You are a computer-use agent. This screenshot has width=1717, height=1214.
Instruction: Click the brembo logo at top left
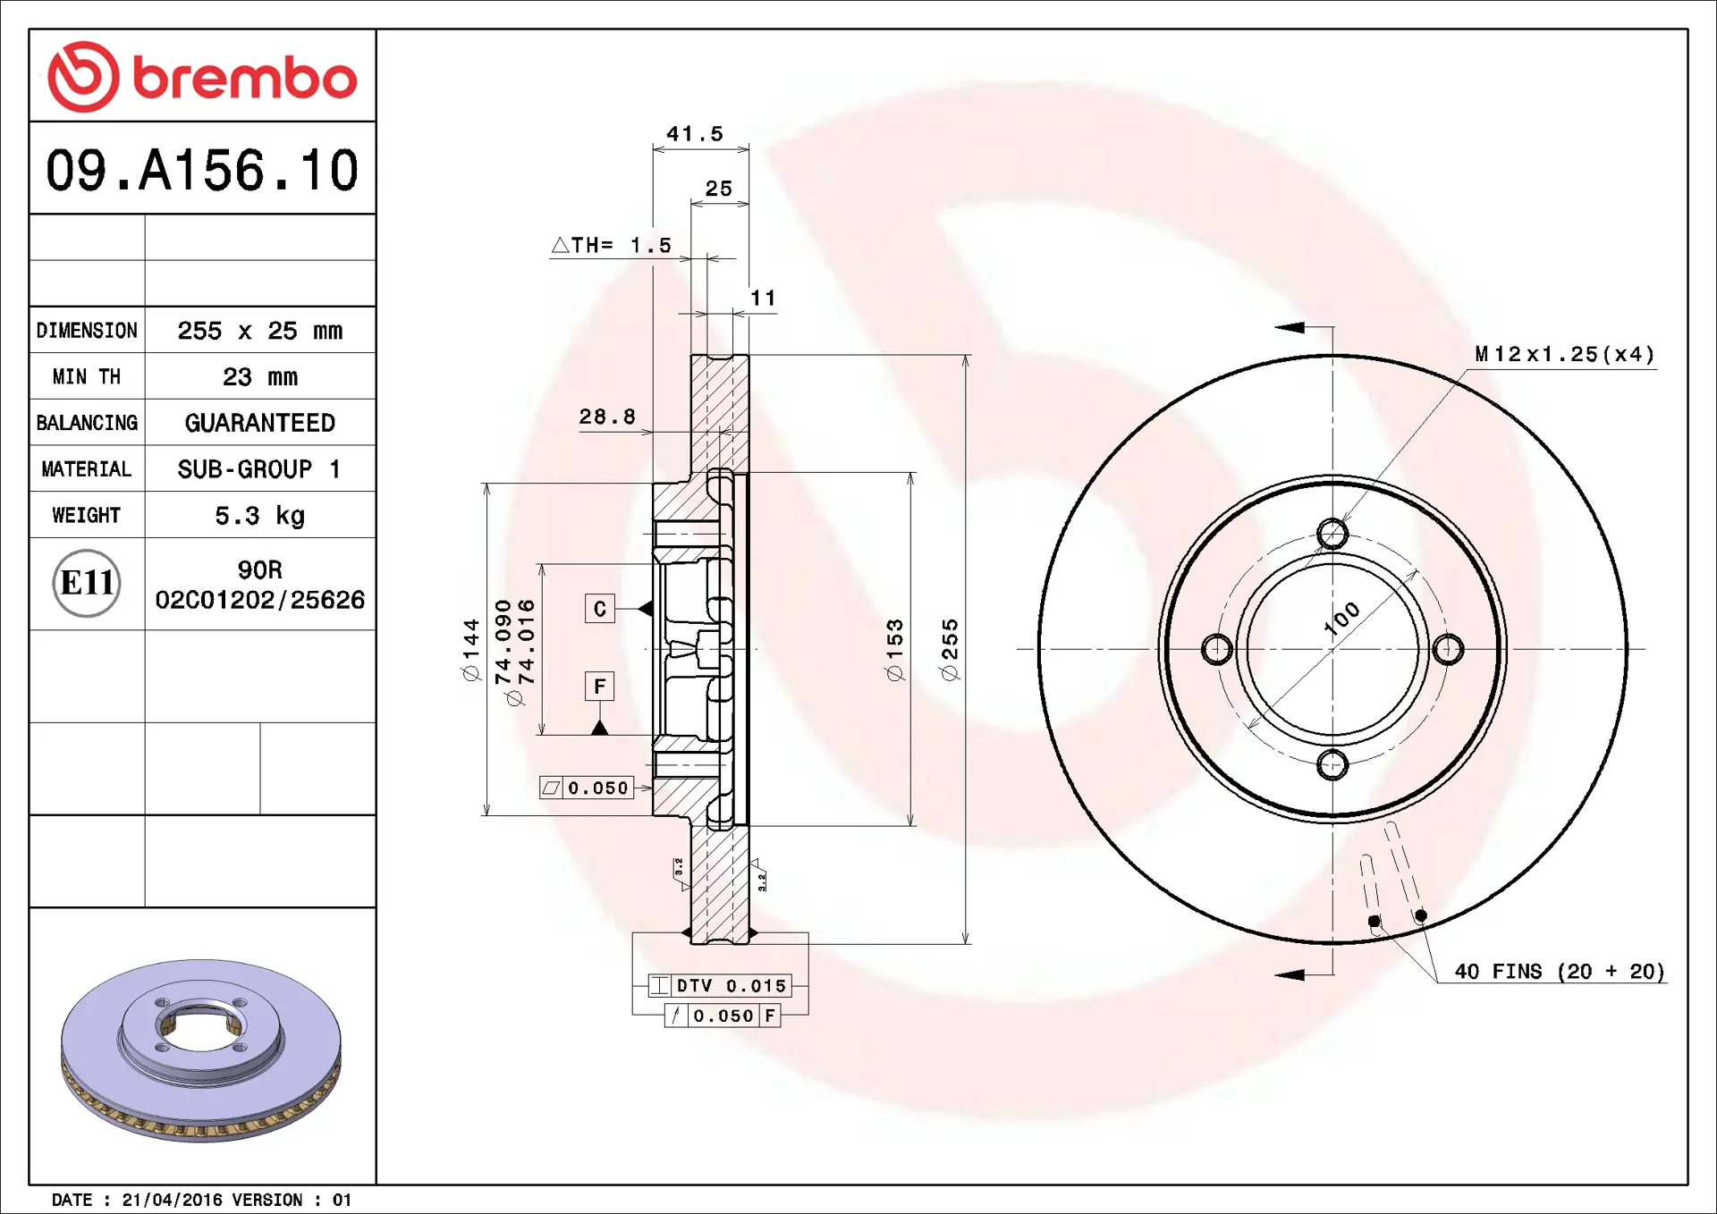[202, 77]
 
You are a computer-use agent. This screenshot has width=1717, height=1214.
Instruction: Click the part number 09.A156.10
[202, 170]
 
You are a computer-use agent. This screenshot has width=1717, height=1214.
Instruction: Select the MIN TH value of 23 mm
[259, 376]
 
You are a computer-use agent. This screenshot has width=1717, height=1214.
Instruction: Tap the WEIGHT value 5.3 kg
[259, 516]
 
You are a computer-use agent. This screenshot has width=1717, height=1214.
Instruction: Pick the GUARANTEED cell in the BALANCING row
[259, 423]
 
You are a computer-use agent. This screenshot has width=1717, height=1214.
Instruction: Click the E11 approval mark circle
[87, 584]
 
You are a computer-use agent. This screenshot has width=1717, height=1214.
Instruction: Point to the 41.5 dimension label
[695, 134]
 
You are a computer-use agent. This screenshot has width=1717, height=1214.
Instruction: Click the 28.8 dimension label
[607, 417]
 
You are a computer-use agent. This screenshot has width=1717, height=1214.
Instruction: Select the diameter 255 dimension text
[950, 650]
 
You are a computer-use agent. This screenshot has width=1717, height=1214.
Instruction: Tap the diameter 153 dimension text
[895, 650]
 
